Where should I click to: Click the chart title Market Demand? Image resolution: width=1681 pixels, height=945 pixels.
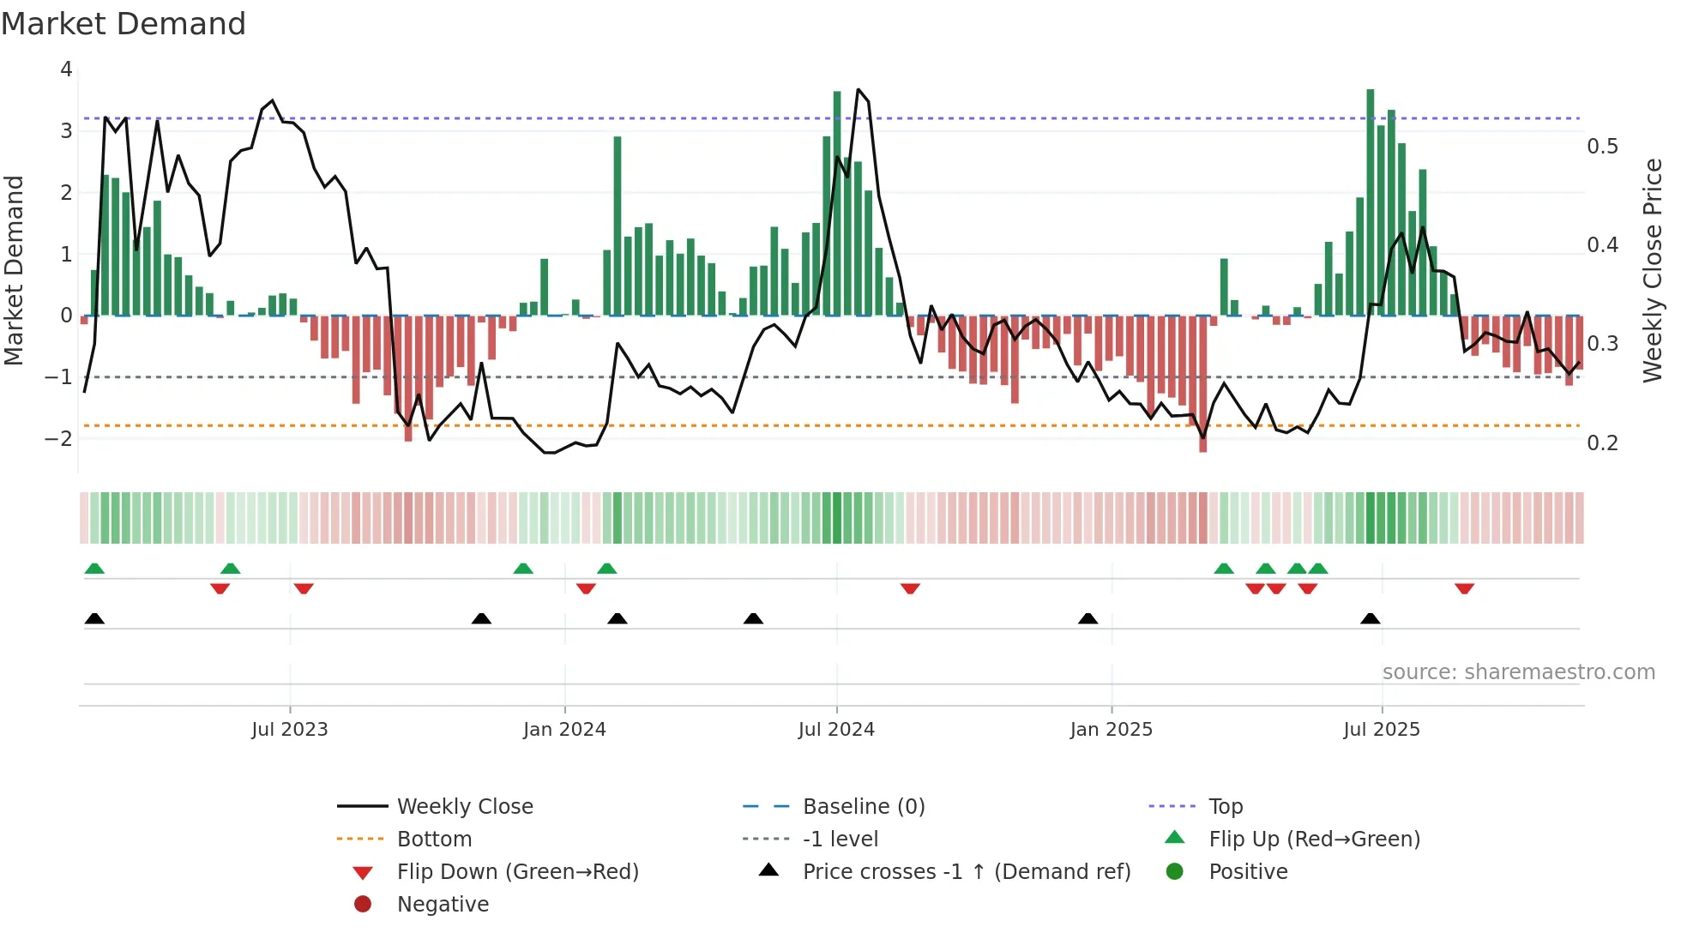[124, 24]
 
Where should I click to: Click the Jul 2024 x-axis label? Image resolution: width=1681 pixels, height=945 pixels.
[836, 730]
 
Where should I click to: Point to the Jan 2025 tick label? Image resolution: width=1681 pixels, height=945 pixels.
[1111, 730]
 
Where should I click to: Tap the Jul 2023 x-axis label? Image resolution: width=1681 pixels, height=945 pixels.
[290, 730]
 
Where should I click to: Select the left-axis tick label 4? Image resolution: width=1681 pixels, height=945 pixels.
[66, 69]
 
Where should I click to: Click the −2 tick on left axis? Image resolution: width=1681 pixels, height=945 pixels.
[58, 439]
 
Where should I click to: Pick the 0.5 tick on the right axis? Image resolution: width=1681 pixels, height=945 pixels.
[1602, 147]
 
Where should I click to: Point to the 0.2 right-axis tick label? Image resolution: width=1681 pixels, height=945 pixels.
[1602, 443]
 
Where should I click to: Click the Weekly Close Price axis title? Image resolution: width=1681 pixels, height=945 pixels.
[1652, 270]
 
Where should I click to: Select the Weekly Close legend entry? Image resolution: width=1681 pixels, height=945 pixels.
[464, 807]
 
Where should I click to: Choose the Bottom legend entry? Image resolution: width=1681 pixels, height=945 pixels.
[434, 840]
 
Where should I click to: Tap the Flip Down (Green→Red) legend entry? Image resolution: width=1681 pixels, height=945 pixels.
[517, 872]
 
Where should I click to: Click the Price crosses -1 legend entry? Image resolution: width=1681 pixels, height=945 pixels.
[966, 872]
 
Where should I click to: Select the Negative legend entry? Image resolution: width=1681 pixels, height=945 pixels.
[443, 905]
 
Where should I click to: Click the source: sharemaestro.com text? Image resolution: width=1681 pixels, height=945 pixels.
[1518, 672]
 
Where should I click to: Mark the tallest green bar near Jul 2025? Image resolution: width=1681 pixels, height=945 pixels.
[1371, 202]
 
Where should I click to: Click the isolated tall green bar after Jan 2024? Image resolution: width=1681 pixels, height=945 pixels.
[618, 226]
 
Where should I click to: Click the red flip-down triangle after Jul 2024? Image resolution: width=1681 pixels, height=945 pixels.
[910, 588]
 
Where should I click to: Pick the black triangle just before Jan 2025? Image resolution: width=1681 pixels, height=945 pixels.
[1088, 618]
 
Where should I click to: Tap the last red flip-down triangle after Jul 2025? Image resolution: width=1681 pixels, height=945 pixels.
[1464, 588]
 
